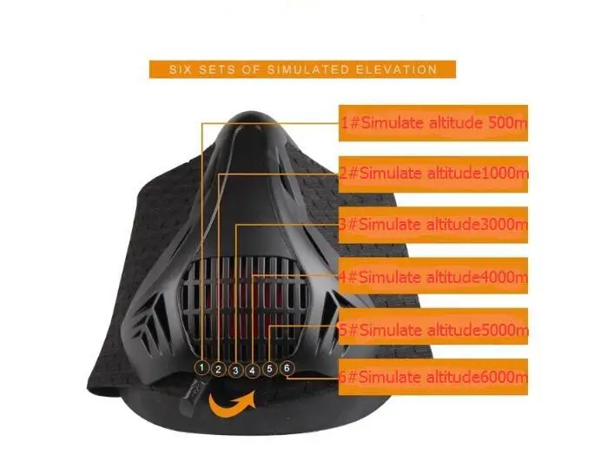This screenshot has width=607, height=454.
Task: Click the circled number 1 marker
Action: (x=201, y=368)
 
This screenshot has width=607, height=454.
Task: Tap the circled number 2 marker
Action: (x=219, y=370)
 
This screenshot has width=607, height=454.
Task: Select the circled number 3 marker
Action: (x=235, y=371)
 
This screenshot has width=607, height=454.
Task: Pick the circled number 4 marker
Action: (x=253, y=371)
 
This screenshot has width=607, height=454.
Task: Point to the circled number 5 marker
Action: (x=270, y=369)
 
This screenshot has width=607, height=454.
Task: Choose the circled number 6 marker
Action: (x=287, y=367)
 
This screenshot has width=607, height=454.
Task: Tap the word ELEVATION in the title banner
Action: (x=394, y=69)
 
